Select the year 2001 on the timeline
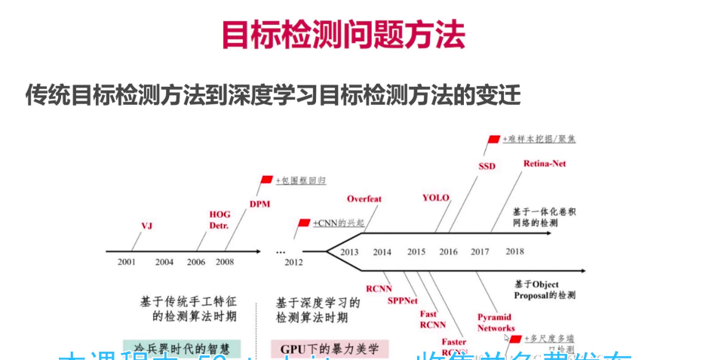[127, 262]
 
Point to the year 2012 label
[293, 262]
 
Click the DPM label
[259, 204]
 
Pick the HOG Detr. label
[219, 220]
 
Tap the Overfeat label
[364, 199]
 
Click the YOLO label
[435, 198]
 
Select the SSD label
[487, 166]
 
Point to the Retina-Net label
[545, 163]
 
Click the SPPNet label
[403, 300]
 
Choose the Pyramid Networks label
[496, 322]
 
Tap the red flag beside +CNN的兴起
[304, 223]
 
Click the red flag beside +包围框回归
[266, 180]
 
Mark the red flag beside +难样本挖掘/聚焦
[494, 140]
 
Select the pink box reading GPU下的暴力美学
[329, 349]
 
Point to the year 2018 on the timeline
[514, 251]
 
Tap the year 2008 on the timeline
[224, 262]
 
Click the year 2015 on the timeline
[416, 251]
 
